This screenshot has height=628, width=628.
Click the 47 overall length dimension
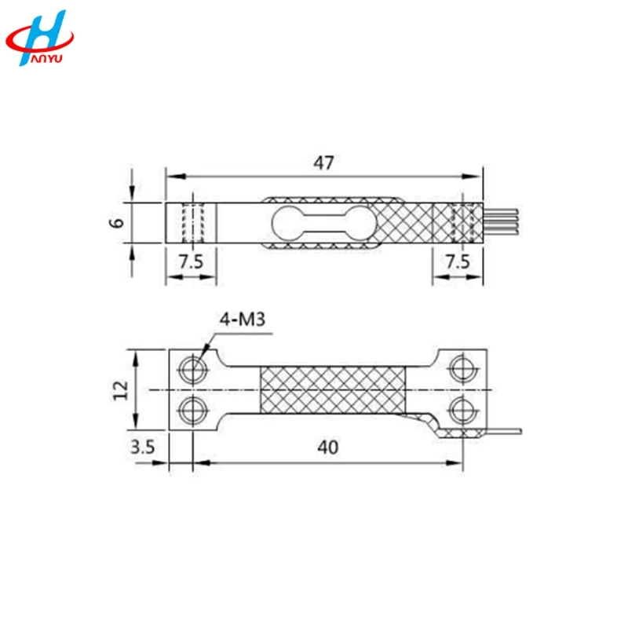(324, 163)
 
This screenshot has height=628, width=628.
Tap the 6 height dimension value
(117, 222)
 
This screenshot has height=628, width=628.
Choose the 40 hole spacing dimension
(328, 447)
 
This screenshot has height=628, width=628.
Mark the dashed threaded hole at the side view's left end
(193, 223)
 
